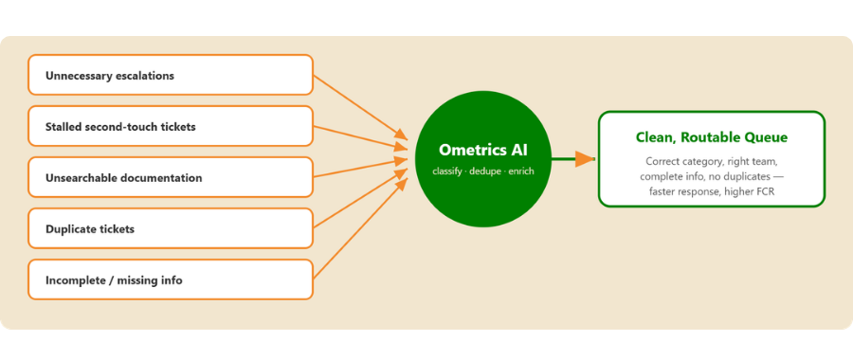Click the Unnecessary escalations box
pyautogui.click(x=171, y=75)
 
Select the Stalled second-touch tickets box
pyautogui.click(x=171, y=126)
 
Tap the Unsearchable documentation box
pyautogui.click(x=171, y=177)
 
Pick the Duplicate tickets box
pyautogui.click(x=171, y=228)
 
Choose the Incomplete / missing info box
pyautogui.click(x=171, y=279)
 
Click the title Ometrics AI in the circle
pyautogui.click(x=483, y=150)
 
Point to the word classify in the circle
pyautogui.click(x=446, y=171)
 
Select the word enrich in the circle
pyautogui.click(x=521, y=171)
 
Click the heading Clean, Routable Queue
pyautogui.click(x=712, y=137)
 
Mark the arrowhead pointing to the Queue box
pyautogui.click(x=585, y=159)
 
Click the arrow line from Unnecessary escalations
pyautogui.click(x=360, y=107)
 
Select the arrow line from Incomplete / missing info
pyautogui.click(x=360, y=228)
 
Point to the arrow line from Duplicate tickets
pyautogui.click(x=360, y=199)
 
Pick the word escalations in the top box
pyautogui.click(x=144, y=76)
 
